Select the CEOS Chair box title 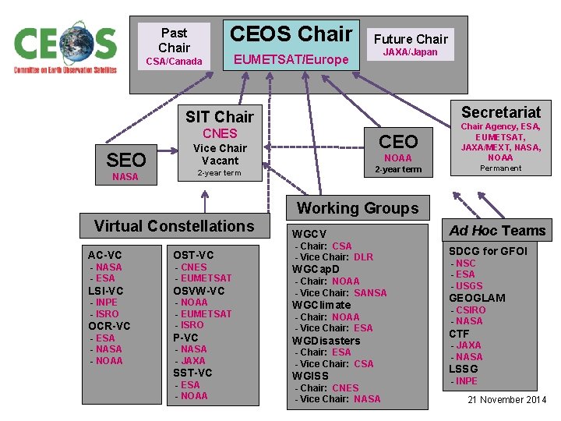tap(291, 34)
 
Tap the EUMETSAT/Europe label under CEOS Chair tap(291, 59)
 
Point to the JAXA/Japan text tap(410, 52)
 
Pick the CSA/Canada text tap(174, 62)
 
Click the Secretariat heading tap(501, 111)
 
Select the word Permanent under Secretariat tap(501, 168)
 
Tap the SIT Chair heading tap(220, 117)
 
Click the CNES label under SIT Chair tap(220, 133)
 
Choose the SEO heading tap(126, 160)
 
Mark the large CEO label tap(398, 141)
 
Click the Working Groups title tap(358, 208)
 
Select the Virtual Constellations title tap(174, 226)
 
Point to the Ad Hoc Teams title tap(498, 230)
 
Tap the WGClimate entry tap(322, 305)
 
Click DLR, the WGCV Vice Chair tap(364, 257)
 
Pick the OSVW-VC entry tap(199, 291)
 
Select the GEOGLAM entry tap(477, 298)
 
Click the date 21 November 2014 tap(507, 400)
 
